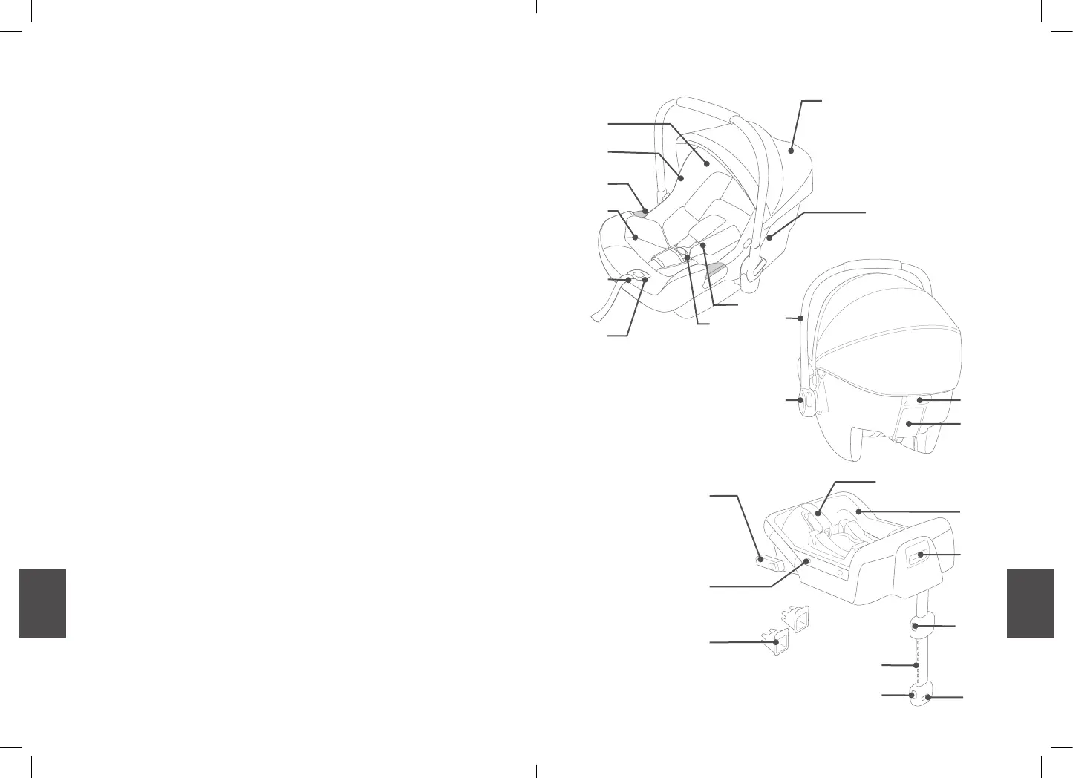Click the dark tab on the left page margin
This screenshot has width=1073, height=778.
point(42,603)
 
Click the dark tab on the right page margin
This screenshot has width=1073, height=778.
point(1030,603)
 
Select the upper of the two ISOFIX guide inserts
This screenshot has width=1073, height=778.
point(795,618)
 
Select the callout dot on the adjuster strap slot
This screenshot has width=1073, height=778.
point(645,280)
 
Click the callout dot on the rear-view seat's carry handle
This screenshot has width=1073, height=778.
point(800,318)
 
